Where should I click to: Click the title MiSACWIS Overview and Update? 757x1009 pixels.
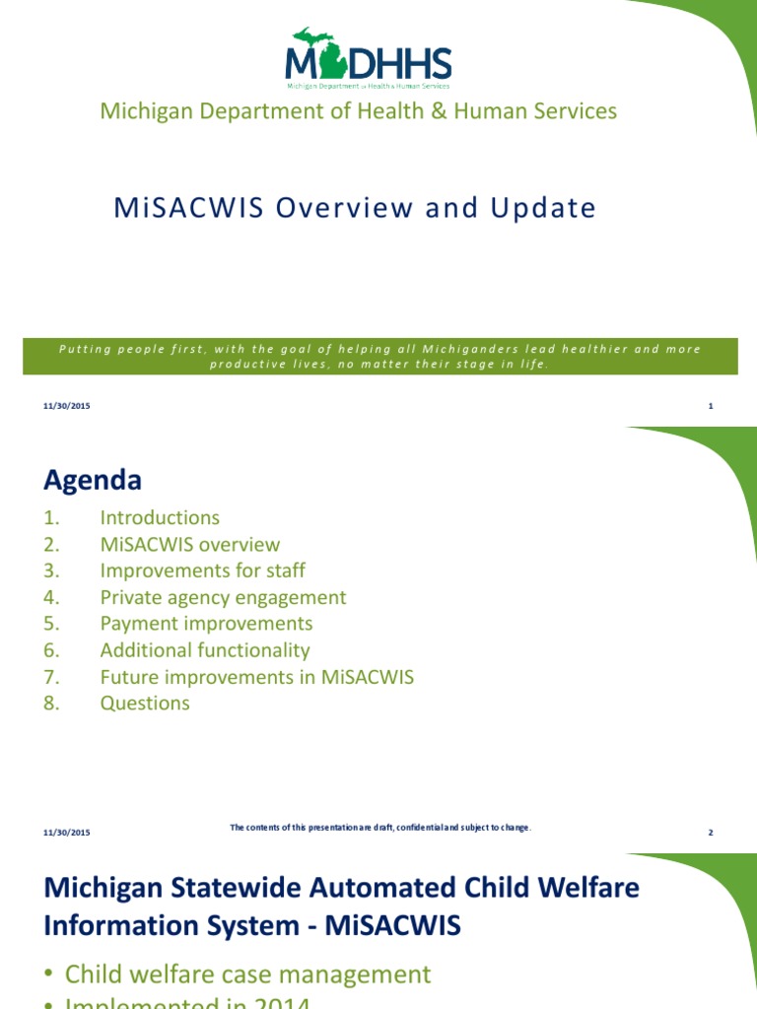[x=355, y=208]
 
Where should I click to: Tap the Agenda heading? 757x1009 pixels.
[x=93, y=480]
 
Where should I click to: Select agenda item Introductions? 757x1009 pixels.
[x=160, y=517]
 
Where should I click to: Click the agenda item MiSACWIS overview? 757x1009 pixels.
[x=189, y=544]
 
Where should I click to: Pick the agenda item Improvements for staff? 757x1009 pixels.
[x=202, y=571]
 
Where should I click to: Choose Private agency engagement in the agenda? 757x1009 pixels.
[x=223, y=597]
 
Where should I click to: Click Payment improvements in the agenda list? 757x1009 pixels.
[x=206, y=624]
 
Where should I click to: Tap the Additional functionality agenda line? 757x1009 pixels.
[x=205, y=650]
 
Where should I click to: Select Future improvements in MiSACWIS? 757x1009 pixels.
[x=256, y=677]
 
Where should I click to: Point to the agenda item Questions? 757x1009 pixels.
[x=145, y=704]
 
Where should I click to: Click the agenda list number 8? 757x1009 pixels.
[x=51, y=704]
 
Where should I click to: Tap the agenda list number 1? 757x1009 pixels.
[x=51, y=517]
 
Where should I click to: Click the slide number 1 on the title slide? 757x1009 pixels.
[x=710, y=406]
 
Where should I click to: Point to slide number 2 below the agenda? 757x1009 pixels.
[x=710, y=833]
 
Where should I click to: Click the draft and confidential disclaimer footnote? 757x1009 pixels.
[x=380, y=828]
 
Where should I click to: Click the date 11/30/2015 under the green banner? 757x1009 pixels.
[x=67, y=406]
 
